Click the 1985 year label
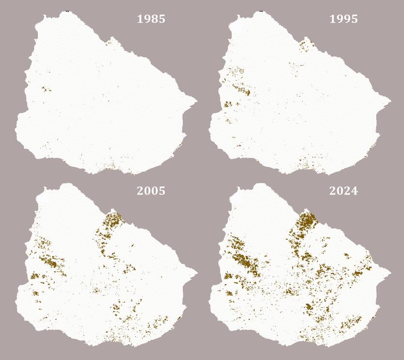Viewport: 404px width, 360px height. pos(151,19)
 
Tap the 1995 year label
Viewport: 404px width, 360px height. pos(343,19)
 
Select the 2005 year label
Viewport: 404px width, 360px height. pos(151,191)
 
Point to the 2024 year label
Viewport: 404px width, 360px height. pos(343,191)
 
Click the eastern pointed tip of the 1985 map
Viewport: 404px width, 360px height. pos(196,101)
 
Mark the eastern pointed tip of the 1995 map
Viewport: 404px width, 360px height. pos(390,101)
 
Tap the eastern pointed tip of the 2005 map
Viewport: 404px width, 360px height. pos(196,273)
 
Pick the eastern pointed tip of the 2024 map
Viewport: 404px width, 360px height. pos(390,273)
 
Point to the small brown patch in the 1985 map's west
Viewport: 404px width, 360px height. pos(46,89)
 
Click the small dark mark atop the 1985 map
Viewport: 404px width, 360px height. pos(67,10)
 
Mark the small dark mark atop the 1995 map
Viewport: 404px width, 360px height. pos(261,10)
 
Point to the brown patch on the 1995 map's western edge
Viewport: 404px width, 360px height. pos(228,104)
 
